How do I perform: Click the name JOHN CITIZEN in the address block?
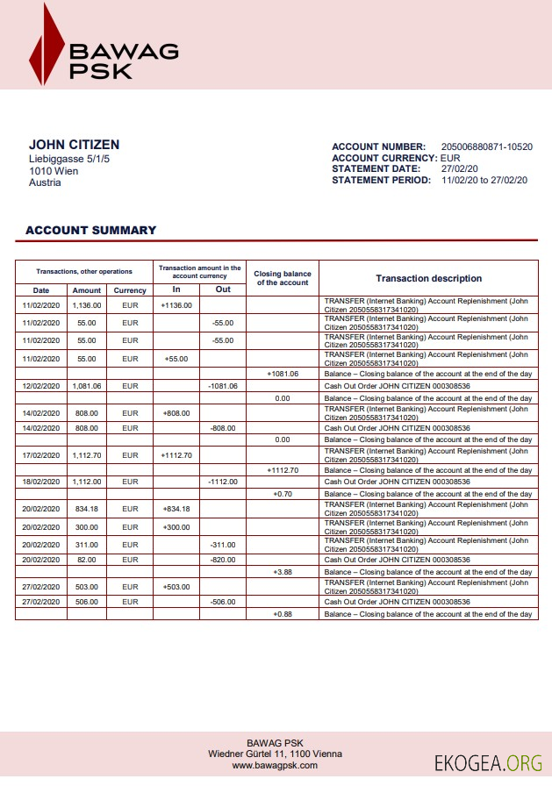tap(75, 145)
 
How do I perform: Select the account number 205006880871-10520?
tap(486, 146)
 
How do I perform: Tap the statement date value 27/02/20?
tap(460, 168)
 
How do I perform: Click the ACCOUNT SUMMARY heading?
tap(90, 231)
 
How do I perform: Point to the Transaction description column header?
tap(428, 278)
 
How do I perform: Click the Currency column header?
tap(130, 290)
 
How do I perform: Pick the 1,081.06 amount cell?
tap(87, 385)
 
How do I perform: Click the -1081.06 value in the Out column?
tap(223, 385)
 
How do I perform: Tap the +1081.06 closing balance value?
tap(283, 373)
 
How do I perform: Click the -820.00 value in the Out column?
tap(223, 560)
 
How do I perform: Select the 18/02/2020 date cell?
tap(41, 482)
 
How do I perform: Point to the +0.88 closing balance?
tap(283, 614)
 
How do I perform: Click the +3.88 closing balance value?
tap(283, 572)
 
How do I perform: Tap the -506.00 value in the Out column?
tap(223, 602)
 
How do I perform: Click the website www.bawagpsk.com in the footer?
tap(275, 766)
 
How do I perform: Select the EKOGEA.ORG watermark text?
tap(488, 763)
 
